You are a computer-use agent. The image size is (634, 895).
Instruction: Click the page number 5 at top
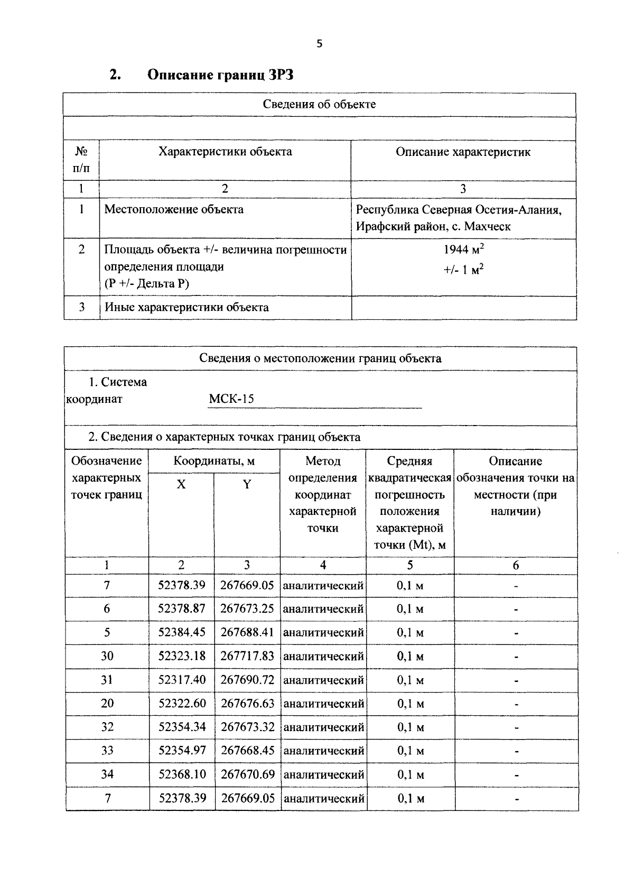tap(319, 44)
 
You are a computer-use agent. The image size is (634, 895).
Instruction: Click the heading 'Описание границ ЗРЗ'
tap(220, 75)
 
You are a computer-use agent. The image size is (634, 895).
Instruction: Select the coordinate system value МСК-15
tap(231, 399)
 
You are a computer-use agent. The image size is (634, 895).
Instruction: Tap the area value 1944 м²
tap(463, 250)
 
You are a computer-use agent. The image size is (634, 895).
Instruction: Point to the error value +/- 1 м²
tap(463, 270)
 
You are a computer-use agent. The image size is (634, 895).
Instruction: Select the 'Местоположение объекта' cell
tap(174, 209)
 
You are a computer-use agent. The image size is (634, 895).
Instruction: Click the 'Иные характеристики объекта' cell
tap(187, 307)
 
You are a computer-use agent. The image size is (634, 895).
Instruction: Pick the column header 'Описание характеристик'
tap(463, 152)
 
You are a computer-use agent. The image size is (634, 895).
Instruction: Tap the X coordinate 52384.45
tap(182, 632)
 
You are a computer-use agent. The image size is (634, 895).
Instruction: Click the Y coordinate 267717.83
tap(247, 656)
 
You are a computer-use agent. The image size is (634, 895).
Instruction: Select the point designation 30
tap(107, 656)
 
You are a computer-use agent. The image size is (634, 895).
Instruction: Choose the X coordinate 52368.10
tap(182, 774)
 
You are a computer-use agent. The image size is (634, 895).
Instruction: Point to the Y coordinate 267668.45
tap(248, 751)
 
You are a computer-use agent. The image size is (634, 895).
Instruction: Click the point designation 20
tap(107, 703)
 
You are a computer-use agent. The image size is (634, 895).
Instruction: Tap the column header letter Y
tap(247, 484)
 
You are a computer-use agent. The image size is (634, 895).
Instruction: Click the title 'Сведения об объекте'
tap(319, 104)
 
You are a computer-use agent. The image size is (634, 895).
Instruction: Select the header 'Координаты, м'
tap(214, 461)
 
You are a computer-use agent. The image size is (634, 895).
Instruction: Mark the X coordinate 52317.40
tap(182, 680)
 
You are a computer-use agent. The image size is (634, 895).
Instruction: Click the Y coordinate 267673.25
tap(247, 608)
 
